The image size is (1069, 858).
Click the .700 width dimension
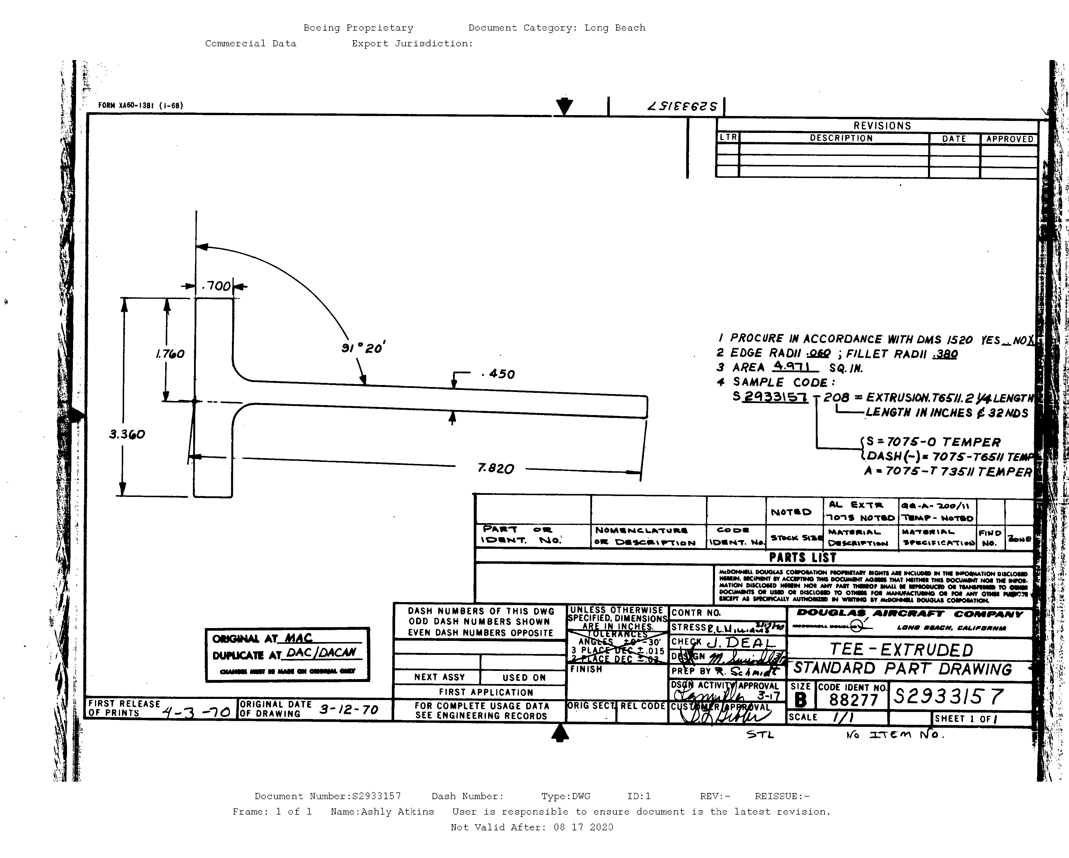[217, 286]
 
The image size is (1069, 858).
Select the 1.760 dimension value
[170, 354]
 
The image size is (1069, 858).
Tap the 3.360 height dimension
[127, 435]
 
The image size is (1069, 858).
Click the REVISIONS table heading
[882, 126]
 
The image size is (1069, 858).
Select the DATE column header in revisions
[954, 139]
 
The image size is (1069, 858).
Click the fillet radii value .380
[945, 354]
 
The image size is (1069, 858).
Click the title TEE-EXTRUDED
[901, 650]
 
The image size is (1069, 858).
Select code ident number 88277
[853, 700]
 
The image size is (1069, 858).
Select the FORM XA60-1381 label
[140, 106]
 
